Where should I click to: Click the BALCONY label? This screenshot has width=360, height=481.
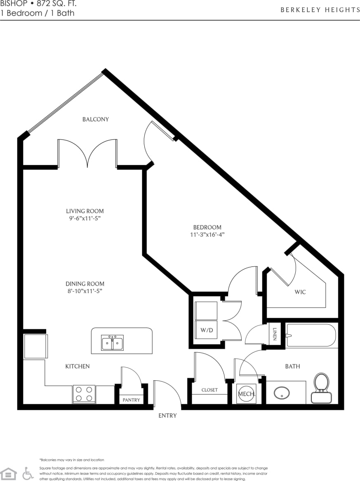96,119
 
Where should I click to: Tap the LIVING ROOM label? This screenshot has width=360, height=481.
85,211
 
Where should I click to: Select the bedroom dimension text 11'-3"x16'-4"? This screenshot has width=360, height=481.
207,235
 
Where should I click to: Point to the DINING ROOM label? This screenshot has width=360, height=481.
85,284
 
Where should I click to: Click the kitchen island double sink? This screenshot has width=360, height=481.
112,342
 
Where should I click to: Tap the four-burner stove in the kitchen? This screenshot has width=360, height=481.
84,394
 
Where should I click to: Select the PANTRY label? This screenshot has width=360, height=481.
132,400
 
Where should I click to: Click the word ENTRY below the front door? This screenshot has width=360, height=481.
167,415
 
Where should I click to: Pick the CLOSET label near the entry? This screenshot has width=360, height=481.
209,390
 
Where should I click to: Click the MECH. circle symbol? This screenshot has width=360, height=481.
247,394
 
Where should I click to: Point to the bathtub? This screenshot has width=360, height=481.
312,335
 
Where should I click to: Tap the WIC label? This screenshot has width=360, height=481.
300,292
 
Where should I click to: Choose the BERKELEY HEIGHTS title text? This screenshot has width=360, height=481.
320,10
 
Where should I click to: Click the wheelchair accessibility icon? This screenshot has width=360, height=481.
28,473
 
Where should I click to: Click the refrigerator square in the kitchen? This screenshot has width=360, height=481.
35,346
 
